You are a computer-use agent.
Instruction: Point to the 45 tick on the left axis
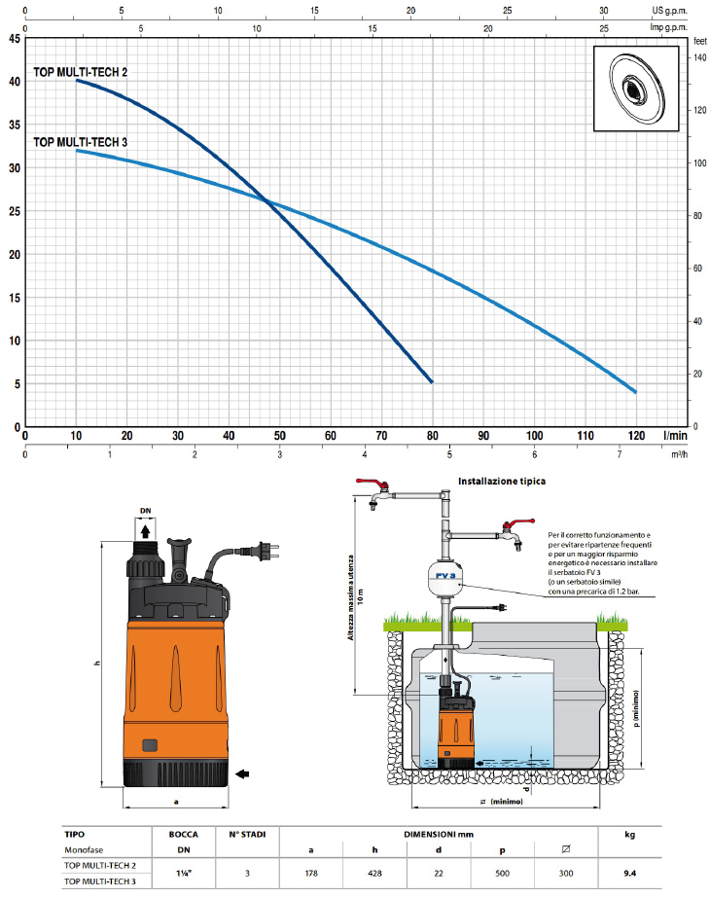(x=14, y=40)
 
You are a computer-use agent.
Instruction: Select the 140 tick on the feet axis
(x=699, y=58)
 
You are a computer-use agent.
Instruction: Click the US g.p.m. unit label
(x=675, y=11)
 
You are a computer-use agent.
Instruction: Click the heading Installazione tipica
(x=501, y=481)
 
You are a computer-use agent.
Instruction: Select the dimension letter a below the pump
(x=175, y=803)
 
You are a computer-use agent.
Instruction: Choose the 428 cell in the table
(x=373, y=873)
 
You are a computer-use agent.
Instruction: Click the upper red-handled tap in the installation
(x=373, y=485)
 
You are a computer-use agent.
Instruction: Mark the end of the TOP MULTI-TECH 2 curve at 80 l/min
(x=431, y=382)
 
